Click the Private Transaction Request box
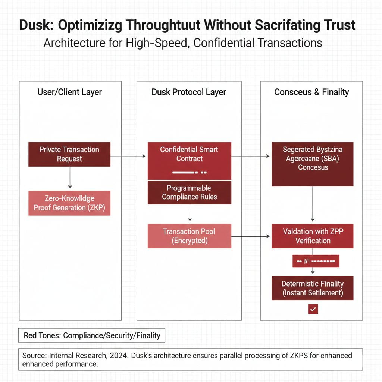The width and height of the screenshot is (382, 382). [69, 154]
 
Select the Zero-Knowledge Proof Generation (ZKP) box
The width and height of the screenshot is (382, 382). [69, 203]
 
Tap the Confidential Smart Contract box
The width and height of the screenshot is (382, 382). [190, 160]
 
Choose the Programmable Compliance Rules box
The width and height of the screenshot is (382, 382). [190, 192]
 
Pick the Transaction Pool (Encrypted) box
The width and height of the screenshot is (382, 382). [190, 236]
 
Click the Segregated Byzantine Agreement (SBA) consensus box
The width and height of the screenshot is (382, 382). [313, 164]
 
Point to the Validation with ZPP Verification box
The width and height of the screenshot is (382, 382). [313, 236]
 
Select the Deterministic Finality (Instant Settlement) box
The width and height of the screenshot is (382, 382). [313, 288]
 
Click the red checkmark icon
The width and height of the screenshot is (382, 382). [313, 309]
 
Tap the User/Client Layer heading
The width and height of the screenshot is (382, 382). [69, 92]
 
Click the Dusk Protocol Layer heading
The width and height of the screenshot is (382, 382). [189, 92]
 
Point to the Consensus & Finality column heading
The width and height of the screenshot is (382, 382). [311, 92]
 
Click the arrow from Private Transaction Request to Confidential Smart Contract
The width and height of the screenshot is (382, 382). [128, 156]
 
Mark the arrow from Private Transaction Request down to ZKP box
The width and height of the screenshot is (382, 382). [69, 178]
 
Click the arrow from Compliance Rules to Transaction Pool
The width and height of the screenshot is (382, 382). [190, 213]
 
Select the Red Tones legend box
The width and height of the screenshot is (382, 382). [92, 335]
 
